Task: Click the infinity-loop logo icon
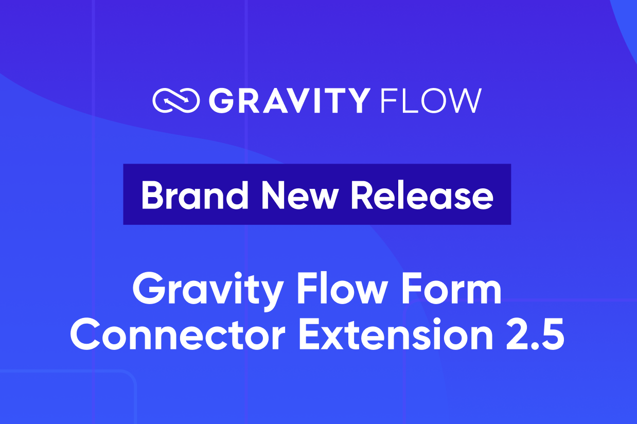[x=176, y=100]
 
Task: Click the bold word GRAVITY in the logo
[x=290, y=101]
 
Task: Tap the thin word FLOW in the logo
[x=431, y=101]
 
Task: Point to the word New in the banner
[x=300, y=196]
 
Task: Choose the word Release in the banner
[x=422, y=196]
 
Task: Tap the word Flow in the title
[x=341, y=288]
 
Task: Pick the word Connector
[x=178, y=334]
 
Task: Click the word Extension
[x=396, y=334]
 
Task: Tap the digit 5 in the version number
[x=552, y=334]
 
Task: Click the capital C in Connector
[x=85, y=334]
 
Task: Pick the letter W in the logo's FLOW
[x=464, y=101]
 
